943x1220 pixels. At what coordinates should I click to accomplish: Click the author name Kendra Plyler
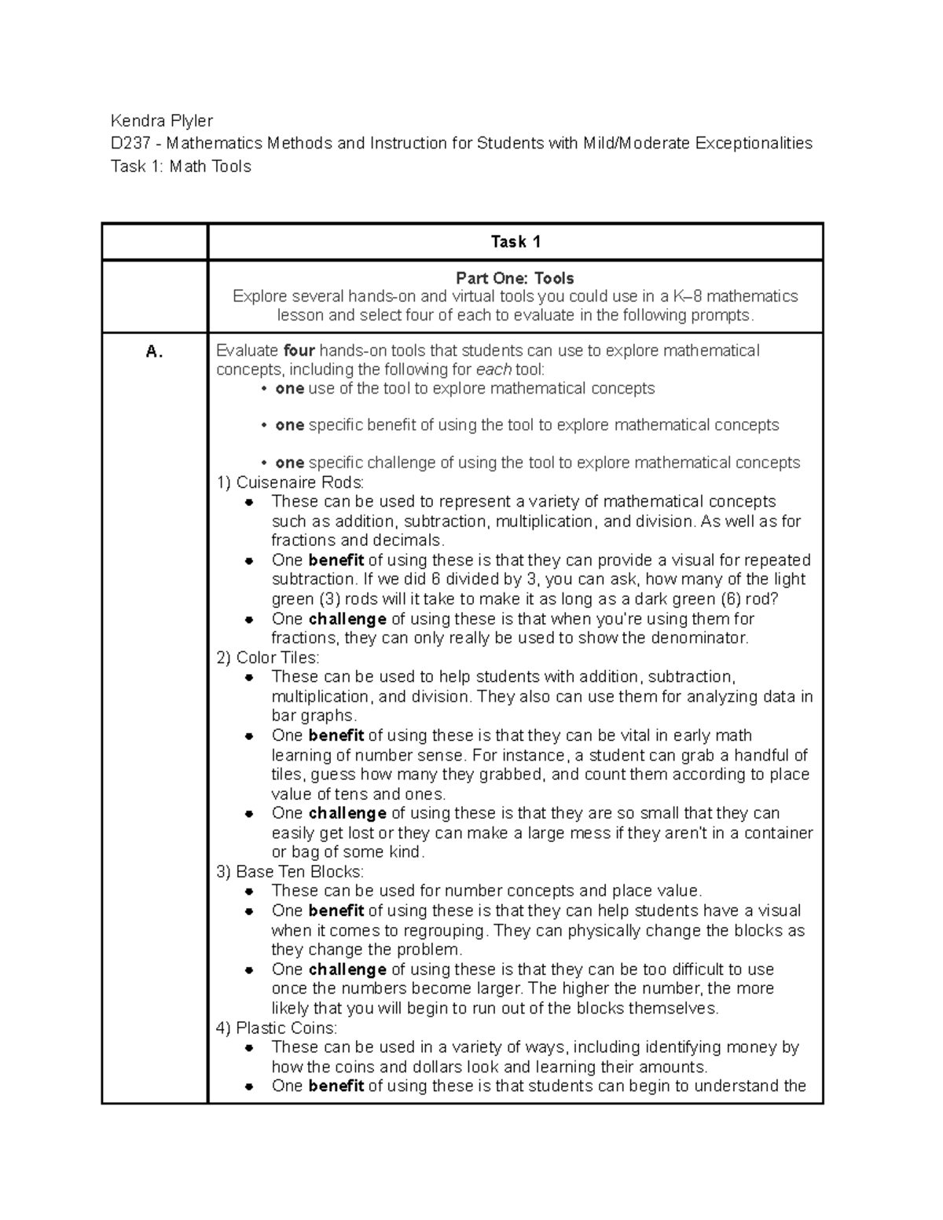[161, 120]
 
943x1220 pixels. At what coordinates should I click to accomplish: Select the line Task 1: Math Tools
[181, 167]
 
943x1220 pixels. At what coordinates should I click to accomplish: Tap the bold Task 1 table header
[515, 242]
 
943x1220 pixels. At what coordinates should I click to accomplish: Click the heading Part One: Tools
[515, 278]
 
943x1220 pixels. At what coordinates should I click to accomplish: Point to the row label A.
[154, 352]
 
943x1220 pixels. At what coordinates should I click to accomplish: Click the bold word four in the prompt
[299, 350]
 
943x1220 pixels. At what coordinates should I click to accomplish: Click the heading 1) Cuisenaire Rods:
[290, 482]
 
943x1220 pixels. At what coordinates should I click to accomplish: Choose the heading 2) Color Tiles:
[268, 658]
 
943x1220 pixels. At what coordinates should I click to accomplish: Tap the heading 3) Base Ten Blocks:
[290, 872]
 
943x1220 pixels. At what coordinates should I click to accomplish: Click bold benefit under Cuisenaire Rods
[336, 560]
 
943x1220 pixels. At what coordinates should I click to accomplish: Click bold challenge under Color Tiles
[347, 813]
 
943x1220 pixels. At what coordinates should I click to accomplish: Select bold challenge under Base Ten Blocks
[347, 969]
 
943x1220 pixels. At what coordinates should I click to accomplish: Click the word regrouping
[445, 930]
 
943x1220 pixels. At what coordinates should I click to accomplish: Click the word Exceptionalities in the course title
[752, 143]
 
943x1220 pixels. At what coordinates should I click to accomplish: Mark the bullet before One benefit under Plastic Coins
[248, 1086]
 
